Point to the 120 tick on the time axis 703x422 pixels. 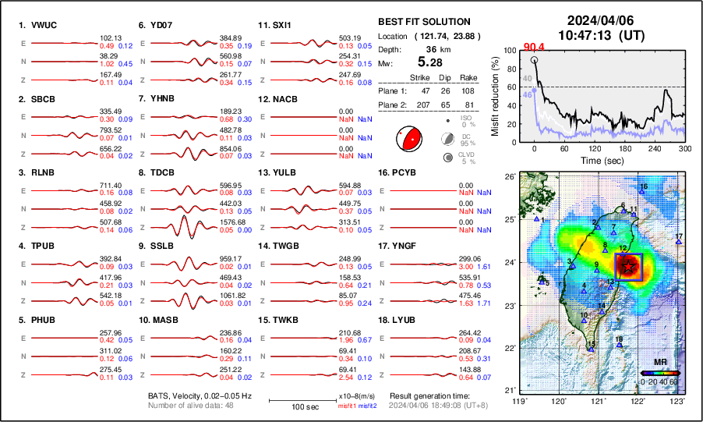pos(595,148)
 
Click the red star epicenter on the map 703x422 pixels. pos(627,266)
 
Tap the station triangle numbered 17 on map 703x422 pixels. pos(679,243)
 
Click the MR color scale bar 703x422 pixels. pos(660,373)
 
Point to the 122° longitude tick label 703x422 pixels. pos(638,401)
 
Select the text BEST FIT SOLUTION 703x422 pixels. pos(424,22)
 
